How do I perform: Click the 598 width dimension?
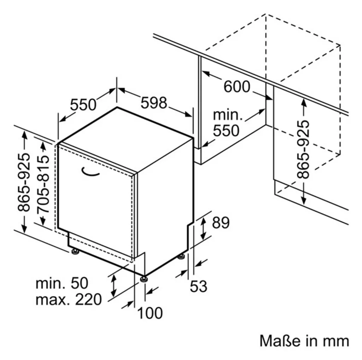pos(154,103)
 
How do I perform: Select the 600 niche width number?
pos(237,87)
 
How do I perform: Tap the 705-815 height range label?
pos(43,184)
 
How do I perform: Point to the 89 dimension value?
pos(221,223)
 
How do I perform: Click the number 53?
pos(199,286)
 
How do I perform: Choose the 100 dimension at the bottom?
pos(150,313)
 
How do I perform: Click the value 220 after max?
pos(88,300)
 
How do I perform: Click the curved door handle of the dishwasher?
pos(90,172)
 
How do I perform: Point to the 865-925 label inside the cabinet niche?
pos(303,149)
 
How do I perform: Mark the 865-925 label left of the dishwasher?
pos(24,182)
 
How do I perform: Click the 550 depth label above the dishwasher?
pos(83,105)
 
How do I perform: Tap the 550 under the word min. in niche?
pos(226,130)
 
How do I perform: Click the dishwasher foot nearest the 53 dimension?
pos(181,256)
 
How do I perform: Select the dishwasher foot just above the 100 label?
pos(144,279)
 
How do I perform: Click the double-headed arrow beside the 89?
pos(203,228)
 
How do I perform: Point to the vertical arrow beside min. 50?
pos(113,286)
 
